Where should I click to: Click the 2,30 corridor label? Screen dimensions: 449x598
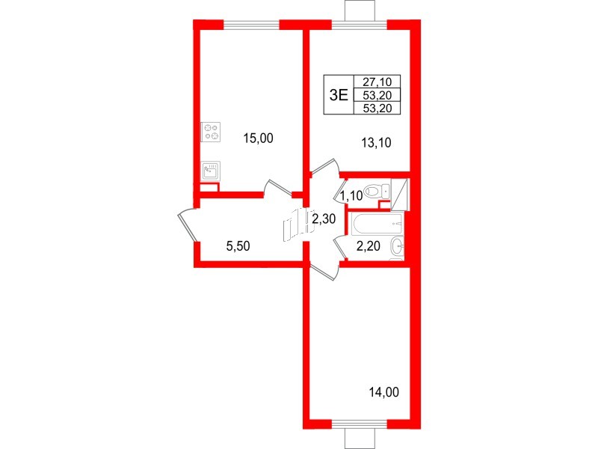pos(322,219)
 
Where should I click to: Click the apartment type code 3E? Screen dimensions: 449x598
pos(339,94)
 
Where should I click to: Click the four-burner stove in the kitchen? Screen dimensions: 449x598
pos(212,132)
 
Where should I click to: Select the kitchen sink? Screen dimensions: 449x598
pos(212,171)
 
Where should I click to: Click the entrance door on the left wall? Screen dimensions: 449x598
pos(187,224)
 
